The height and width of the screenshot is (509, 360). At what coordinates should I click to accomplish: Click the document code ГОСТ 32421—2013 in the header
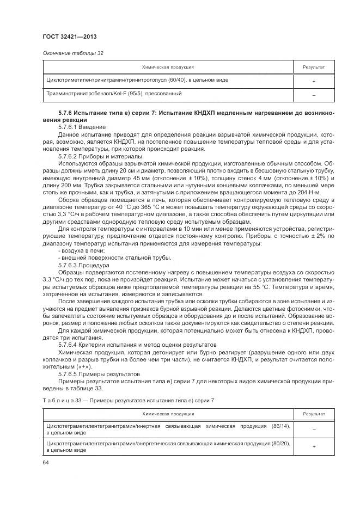click(66, 37)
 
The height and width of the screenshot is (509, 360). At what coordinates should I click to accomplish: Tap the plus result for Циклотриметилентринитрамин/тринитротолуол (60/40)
click(314, 81)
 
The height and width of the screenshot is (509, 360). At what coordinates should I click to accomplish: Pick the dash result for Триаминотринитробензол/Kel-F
click(314, 95)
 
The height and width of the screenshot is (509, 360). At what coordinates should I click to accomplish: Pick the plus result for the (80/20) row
click(314, 447)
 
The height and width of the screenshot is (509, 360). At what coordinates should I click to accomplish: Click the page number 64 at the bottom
click(45, 463)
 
